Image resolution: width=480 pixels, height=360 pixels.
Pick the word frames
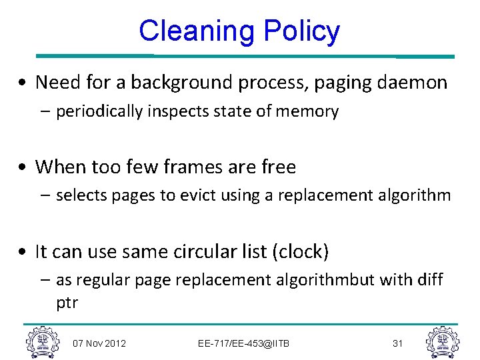tap(179, 167)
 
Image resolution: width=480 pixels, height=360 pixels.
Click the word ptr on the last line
tap(67, 303)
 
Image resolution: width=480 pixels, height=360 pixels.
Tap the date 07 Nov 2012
tap(99, 343)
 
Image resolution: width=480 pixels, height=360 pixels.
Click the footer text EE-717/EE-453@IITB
tap(244, 343)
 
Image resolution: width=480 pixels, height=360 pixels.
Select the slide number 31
tap(398, 343)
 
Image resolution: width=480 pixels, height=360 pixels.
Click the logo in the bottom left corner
tap(42, 342)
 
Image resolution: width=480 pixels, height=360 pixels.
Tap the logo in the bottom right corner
tap(442, 342)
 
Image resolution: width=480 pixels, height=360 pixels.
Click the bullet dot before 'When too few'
tap(23, 167)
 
